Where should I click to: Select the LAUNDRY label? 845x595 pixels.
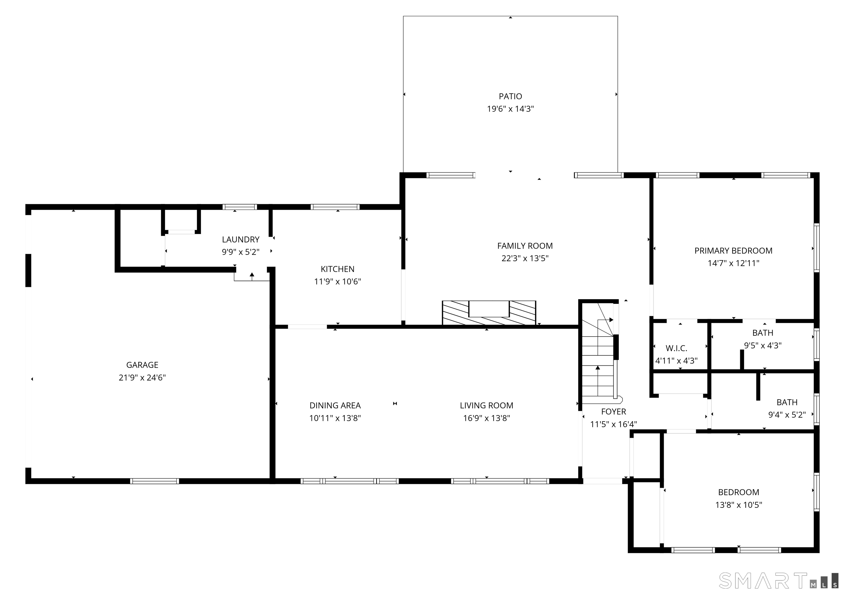pyautogui.click(x=241, y=239)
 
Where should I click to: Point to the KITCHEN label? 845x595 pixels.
pyautogui.click(x=338, y=269)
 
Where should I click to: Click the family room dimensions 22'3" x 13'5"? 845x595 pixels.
pyautogui.click(x=525, y=258)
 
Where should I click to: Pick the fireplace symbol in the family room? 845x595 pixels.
pyautogui.click(x=489, y=313)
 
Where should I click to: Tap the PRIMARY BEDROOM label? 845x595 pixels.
pyautogui.click(x=734, y=250)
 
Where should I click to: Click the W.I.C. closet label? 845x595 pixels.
pyautogui.click(x=676, y=348)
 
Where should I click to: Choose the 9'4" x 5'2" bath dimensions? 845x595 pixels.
pyautogui.click(x=787, y=415)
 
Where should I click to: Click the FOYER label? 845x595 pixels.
pyautogui.click(x=613, y=411)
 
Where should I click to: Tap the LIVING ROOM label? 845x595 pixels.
pyautogui.click(x=487, y=406)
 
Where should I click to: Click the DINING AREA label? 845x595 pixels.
pyautogui.click(x=335, y=406)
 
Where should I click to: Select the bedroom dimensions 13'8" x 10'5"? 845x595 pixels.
pyautogui.click(x=739, y=505)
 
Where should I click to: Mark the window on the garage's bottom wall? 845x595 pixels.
pyautogui.click(x=155, y=481)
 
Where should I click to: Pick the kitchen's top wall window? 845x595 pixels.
pyautogui.click(x=335, y=207)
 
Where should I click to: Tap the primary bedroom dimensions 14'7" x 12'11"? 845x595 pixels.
pyautogui.click(x=734, y=263)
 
